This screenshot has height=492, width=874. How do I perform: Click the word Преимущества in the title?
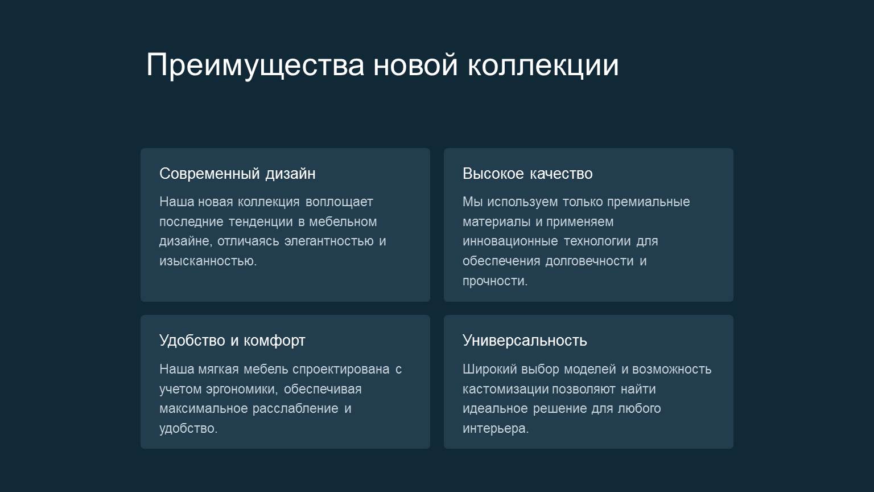coord(255,65)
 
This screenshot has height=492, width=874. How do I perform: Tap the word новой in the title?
coord(415,65)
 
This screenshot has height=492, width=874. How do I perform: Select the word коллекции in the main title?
coord(543,65)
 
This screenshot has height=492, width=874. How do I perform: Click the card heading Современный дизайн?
coord(237,174)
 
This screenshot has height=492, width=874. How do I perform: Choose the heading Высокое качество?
coord(527,174)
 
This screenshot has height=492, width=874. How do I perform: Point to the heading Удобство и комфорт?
coord(232,341)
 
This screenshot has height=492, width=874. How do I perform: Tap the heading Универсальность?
coord(525,341)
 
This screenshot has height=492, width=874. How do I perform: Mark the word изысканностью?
coord(208,261)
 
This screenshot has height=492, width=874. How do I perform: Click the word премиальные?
coord(648,202)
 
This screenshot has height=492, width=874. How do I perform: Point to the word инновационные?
coord(510,241)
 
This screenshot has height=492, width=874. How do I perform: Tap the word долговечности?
coord(589,261)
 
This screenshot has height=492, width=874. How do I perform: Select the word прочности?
coord(494,281)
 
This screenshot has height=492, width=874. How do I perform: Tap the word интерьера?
coord(495,429)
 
